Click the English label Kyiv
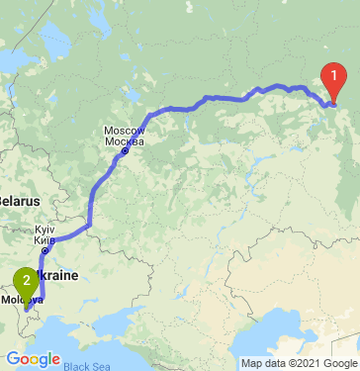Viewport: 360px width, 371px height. point(45,229)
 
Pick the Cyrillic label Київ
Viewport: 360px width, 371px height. point(45,238)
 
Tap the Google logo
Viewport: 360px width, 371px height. point(32,358)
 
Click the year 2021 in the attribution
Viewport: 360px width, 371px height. point(311,363)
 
